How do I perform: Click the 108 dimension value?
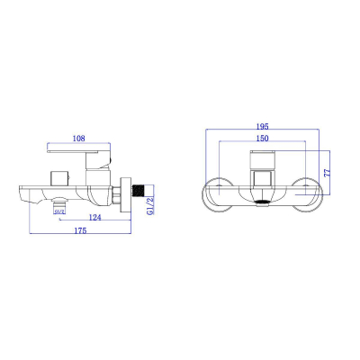pos(79,139)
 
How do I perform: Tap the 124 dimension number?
pos(95,217)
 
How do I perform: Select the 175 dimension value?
pos(80,230)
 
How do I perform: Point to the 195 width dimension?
pos(262,126)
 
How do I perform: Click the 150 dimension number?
pos(262,138)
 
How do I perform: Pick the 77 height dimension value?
pos(327,173)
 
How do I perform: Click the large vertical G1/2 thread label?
pos(150,205)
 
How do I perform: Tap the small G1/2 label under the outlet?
pos(59,211)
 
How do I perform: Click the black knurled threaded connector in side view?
pos(139,191)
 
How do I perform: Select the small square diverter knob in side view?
pos(59,178)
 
